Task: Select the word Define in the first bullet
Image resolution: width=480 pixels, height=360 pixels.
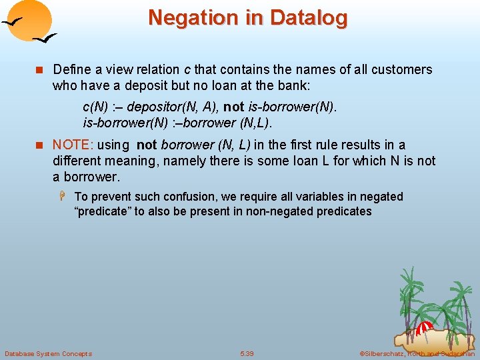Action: pos(71,70)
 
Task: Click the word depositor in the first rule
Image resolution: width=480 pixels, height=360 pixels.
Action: pos(153,107)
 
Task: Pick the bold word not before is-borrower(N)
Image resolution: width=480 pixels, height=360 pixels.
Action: pos(233,107)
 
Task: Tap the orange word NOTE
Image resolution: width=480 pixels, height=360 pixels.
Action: pos(69,145)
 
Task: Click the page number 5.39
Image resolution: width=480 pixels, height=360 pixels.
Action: pos(247,353)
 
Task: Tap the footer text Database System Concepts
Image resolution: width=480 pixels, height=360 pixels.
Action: pos(48,353)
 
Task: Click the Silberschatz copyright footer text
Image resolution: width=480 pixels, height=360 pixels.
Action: pos(417,353)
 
